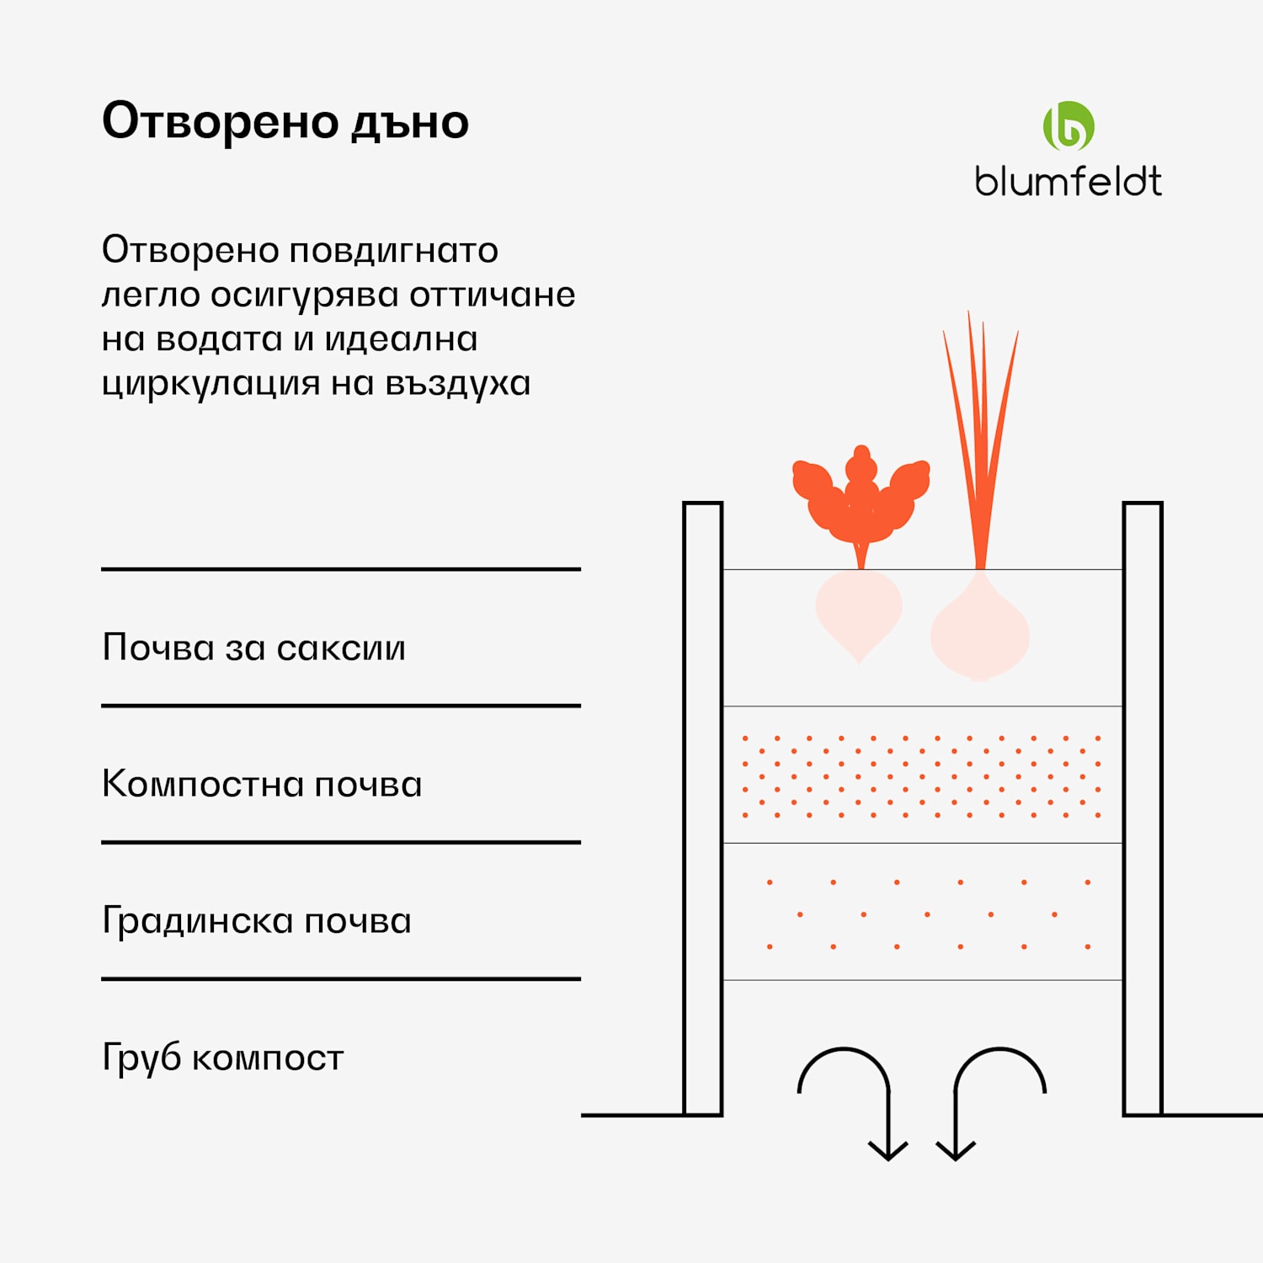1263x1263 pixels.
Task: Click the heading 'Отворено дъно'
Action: click(x=285, y=122)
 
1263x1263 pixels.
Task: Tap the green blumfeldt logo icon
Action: click(x=1068, y=126)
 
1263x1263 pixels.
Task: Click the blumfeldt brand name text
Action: click(x=1068, y=182)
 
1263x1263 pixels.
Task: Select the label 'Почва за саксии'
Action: click(x=253, y=647)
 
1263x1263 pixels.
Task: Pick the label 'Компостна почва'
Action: click(x=262, y=784)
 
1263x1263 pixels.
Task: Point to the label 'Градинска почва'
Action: click(x=256, y=920)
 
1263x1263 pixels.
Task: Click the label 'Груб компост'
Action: click(x=222, y=1058)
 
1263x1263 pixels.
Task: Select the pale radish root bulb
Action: click(x=858, y=612)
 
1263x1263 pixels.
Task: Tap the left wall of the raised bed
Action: click(x=702, y=808)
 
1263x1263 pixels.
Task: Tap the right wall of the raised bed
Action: click(x=1143, y=808)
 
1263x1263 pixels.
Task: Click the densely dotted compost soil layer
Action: click(x=922, y=775)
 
